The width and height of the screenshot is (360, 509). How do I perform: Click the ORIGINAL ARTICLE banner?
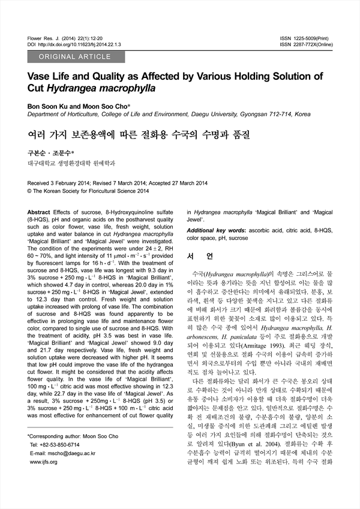(x=76, y=57)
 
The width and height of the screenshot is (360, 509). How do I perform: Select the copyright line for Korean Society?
(x=88, y=191)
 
